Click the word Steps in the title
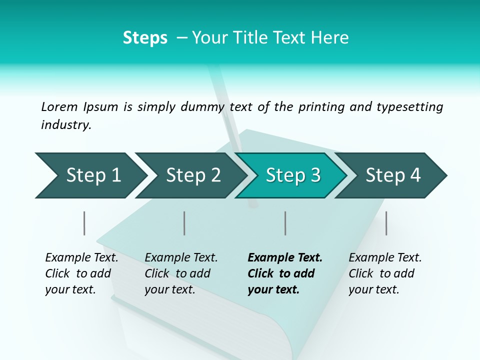tap(145, 38)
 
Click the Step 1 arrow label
tap(93, 175)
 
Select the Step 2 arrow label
tap(193, 175)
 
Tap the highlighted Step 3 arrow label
tap(293, 175)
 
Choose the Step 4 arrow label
tap(393, 175)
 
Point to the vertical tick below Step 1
tap(84, 223)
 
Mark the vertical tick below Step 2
tap(184, 223)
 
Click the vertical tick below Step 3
tap(285, 223)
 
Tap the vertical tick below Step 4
tap(386, 223)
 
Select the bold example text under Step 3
tap(285, 273)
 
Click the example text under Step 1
tap(81, 273)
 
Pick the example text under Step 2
tap(181, 273)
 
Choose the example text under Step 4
tap(385, 273)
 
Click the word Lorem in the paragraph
tap(59, 106)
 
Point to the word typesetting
tap(409, 106)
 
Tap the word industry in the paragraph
tap(66, 124)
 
